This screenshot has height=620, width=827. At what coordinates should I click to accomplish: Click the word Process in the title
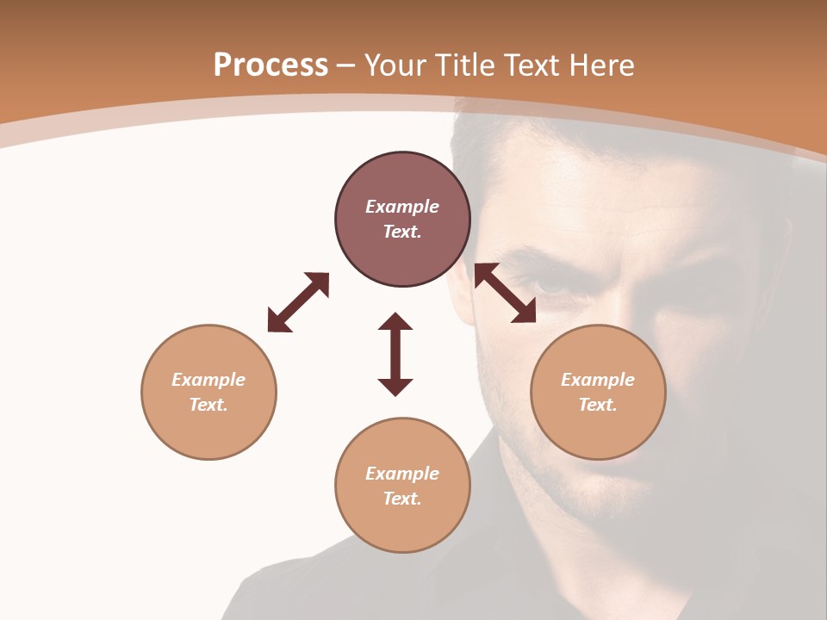[270, 65]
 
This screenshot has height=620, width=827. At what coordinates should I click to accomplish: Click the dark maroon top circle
[402, 250]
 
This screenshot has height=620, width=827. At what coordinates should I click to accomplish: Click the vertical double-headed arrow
[395, 354]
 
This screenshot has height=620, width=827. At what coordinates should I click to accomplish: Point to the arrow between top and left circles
[298, 302]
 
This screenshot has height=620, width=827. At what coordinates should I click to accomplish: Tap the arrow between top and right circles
[505, 293]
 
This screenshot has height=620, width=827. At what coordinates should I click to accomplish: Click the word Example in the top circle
[402, 207]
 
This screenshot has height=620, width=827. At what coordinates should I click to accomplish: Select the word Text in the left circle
[208, 405]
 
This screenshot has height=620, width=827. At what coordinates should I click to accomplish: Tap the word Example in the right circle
[598, 380]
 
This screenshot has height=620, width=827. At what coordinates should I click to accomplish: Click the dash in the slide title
[345, 65]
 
